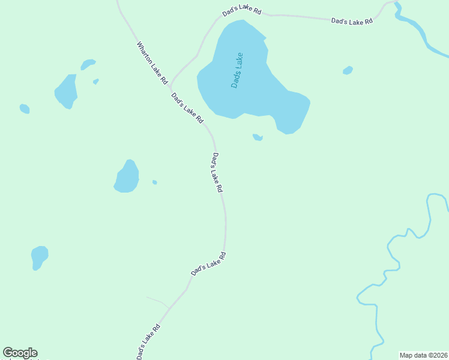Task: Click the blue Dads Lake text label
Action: pos(237,71)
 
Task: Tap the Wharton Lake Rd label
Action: pos(151,62)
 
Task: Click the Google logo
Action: pos(20,353)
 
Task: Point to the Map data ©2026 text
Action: pos(423,355)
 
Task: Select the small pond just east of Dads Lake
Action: pos(348,71)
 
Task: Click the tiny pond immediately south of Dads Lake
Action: pos(258,137)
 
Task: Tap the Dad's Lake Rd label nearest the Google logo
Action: pos(149,342)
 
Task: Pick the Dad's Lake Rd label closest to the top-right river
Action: pos(352,21)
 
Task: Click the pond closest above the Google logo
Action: pos(39,257)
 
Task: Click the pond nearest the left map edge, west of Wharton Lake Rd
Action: pos(25,109)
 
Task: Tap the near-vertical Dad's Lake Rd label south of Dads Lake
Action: pos(217,172)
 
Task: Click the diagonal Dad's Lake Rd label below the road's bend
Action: pos(208,264)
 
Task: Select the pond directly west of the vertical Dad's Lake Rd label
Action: pos(127,177)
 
